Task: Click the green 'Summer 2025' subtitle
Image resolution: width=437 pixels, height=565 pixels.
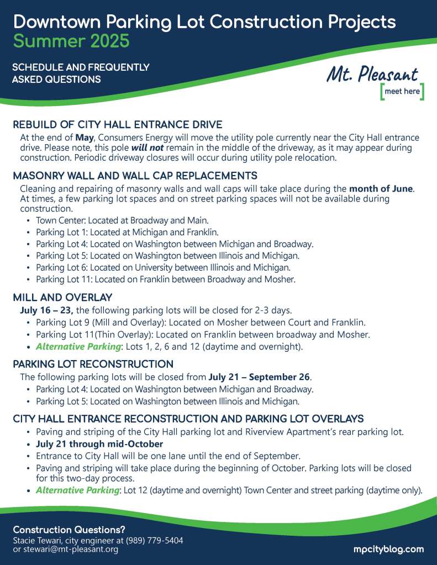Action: point(71,40)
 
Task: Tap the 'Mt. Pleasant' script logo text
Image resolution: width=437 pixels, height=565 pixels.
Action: point(372,75)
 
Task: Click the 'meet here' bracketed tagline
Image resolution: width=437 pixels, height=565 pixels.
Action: point(402,92)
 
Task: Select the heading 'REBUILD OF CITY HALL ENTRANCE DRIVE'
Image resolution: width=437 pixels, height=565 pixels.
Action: point(118,124)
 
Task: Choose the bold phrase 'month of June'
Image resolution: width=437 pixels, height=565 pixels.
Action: point(381,188)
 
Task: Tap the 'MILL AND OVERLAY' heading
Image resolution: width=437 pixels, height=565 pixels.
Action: point(62,298)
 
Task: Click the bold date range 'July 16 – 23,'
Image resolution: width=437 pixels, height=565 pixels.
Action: point(48,310)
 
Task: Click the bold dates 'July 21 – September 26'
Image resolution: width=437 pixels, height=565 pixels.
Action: point(259,377)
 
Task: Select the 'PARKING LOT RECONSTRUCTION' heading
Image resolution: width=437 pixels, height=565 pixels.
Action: point(93,364)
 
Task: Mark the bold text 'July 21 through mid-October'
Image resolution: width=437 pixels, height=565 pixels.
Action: point(99,443)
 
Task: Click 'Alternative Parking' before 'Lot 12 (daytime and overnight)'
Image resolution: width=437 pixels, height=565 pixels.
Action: point(78,490)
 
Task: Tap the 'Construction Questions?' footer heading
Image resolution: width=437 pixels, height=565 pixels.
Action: point(69,529)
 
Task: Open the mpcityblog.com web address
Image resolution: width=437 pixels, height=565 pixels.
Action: point(388,549)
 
